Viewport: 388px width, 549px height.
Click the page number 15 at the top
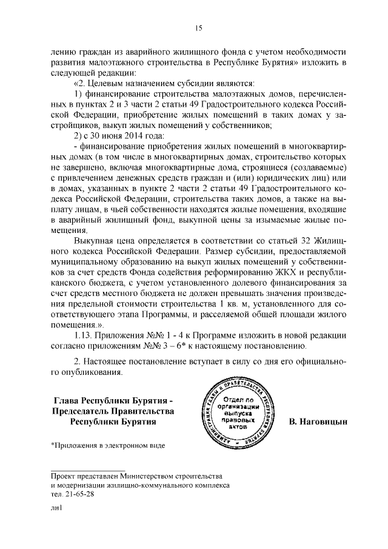(198, 27)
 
